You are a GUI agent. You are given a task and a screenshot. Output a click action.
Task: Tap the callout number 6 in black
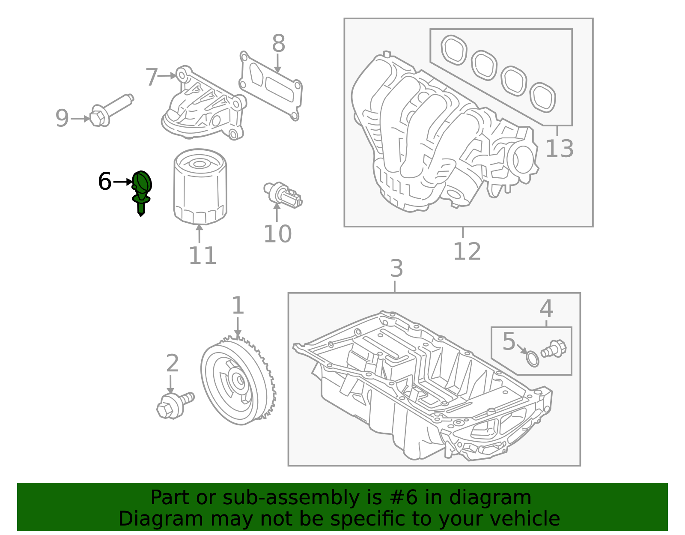pyautogui.click(x=105, y=182)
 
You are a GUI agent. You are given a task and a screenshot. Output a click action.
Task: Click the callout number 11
pyautogui.click(x=202, y=256)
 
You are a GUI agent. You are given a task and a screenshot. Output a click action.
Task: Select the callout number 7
pyautogui.click(x=152, y=77)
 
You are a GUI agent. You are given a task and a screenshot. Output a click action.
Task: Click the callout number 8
pyautogui.click(x=278, y=44)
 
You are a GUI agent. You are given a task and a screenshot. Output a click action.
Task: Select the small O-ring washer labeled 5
pyautogui.click(x=532, y=359)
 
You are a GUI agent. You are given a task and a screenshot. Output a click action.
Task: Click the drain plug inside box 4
pyautogui.click(x=554, y=349)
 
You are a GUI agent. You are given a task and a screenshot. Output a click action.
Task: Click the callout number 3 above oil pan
pyautogui.click(x=396, y=269)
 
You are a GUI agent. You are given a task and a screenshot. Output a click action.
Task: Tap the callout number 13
pyautogui.click(x=559, y=149)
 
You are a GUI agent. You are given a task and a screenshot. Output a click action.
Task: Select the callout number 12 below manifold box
pyautogui.click(x=467, y=251)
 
